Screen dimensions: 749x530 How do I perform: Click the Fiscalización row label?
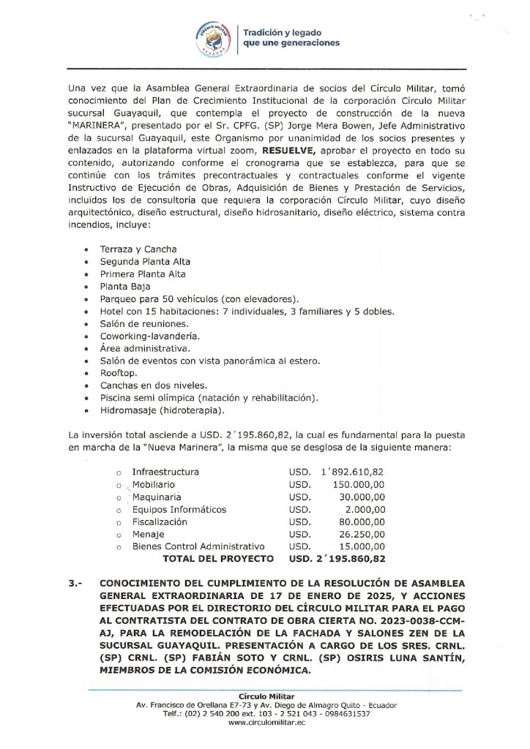(x=159, y=522)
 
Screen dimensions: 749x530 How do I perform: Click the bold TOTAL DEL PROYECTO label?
(x=218, y=559)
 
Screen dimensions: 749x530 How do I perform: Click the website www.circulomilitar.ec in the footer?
(x=266, y=721)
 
